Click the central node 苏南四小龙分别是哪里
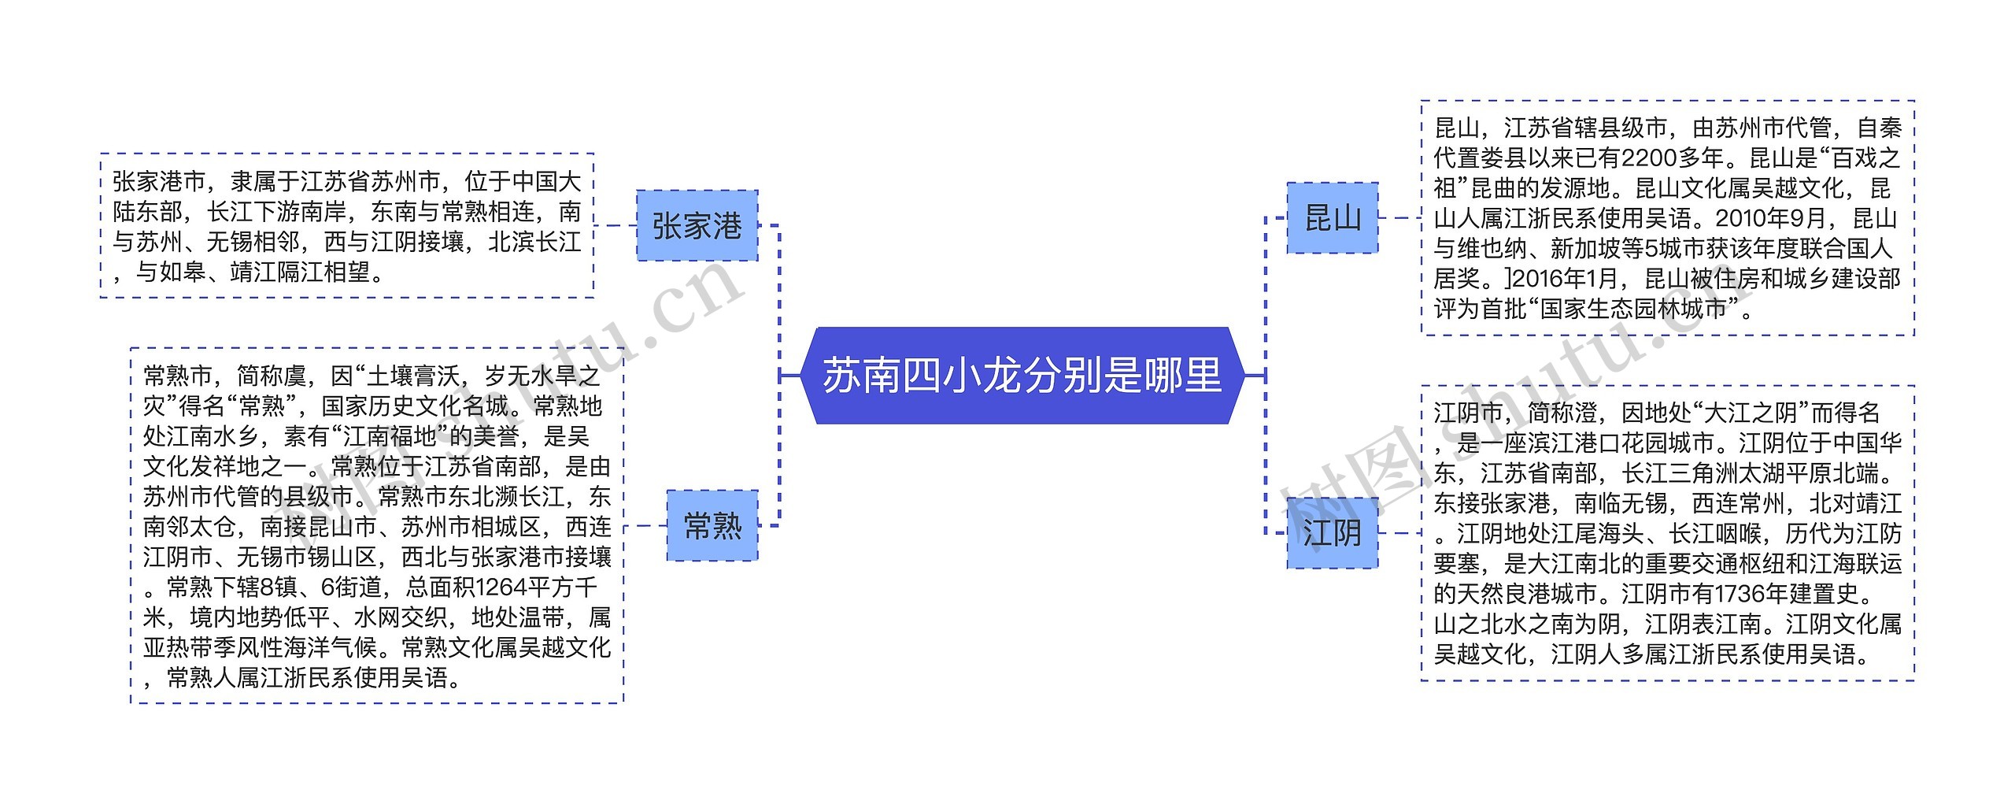tap(1022, 376)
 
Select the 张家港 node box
tap(697, 226)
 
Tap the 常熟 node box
tap(712, 525)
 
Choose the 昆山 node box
tap(1333, 218)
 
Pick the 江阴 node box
tap(1332, 533)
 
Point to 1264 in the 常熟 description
tap(502, 587)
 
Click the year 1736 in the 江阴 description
tap(1744, 593)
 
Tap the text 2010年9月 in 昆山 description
tap(1778, 218)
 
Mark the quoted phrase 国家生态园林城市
tap(1633, 309)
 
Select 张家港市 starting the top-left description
tap(159, 182)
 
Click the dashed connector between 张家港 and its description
tap(615, 226)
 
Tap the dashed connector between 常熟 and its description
tap(645, 525)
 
